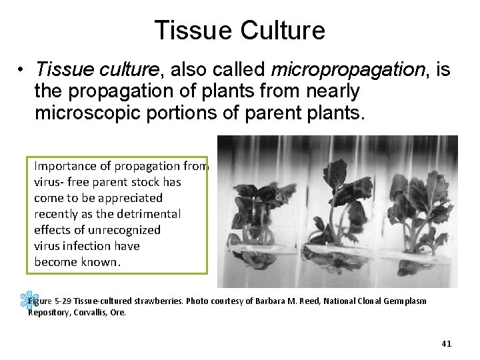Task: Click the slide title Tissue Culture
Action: [x=239, y=31]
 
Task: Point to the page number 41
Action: [x=446, y=344]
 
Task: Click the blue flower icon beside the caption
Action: [x=27, y=301]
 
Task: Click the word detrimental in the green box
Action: [x=147, y=214]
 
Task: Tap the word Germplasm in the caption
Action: [x=404, y=301]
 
